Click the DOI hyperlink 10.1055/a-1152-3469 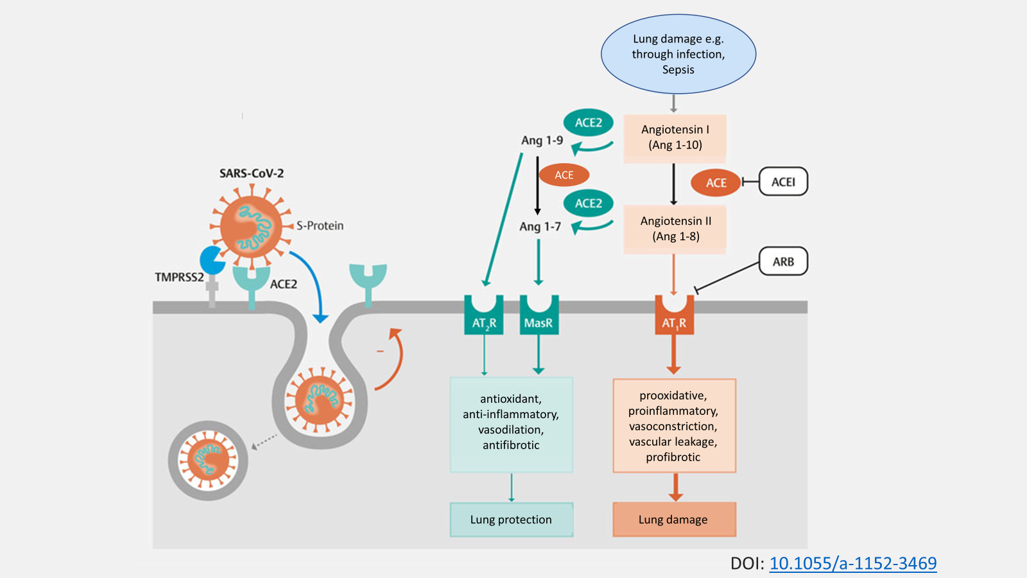[852, 563]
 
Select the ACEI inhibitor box [783, 182]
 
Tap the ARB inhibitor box [783, 261]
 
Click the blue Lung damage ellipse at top [678, 54]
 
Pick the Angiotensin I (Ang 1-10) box [675, 137]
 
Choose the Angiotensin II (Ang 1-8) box [675, 229]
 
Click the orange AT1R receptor [673, 316]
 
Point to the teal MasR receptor [539, 317]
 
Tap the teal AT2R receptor [484, 317]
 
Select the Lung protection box [511, 520]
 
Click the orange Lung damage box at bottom [673, 520]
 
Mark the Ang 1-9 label [542, 140]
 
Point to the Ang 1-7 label [540, 226]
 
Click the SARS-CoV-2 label [251, 173]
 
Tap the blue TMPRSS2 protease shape [211, 260]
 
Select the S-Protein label [320, 225]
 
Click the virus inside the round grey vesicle [208, 460]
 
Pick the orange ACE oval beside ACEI [716, 182]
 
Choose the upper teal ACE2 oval [588, 123]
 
